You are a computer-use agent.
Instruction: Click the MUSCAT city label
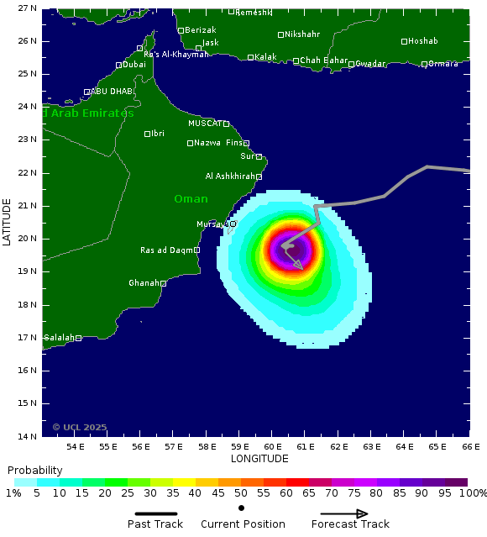pos(204,124)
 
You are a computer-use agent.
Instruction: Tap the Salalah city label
pos(59,338)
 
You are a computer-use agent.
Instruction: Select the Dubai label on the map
pos(134,65)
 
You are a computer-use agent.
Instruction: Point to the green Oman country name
pos(191,199)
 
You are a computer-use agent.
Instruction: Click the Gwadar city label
pos(370,64)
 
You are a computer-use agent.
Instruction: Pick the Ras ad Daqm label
pos(166,250)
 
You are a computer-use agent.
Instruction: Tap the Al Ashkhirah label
pos(230,176)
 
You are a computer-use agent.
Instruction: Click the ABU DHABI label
pos(112,92)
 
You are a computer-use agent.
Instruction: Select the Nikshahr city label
pos(302,34)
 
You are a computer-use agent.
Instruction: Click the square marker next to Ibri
pos(147,134)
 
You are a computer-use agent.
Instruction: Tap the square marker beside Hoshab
pos(404,41)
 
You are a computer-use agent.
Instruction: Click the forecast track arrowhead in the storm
pos(299,266)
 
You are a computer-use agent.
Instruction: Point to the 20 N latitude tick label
pos(28,239)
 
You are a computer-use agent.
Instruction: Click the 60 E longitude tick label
pos(272,446)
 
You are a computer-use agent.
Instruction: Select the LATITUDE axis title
pos(8,222)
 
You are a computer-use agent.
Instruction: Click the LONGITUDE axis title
pos(259,459)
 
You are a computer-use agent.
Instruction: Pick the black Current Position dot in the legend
pos(241,508)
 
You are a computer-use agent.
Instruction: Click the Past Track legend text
pos(155,524)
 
